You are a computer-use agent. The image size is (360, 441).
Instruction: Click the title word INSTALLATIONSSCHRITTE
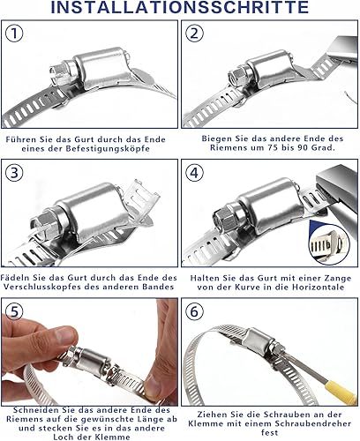(180, 7)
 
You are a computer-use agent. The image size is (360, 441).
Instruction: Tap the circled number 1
(14, 34)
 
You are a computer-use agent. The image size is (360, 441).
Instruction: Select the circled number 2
(194, 34)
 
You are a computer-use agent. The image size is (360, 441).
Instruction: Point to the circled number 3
(14, 173)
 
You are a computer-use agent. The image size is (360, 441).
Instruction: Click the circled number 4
(194, 173)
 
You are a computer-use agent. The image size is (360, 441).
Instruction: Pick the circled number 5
(14, 311)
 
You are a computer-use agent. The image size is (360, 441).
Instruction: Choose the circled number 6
(194, 311)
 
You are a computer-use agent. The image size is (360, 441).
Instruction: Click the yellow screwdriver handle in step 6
(341, 389)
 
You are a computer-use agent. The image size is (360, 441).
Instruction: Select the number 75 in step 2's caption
(273, 148)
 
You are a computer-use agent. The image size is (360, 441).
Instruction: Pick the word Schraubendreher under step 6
(313, 423)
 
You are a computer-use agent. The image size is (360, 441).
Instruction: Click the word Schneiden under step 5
(34, 410)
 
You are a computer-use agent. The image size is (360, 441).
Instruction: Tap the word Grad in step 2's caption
(325, 148)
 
